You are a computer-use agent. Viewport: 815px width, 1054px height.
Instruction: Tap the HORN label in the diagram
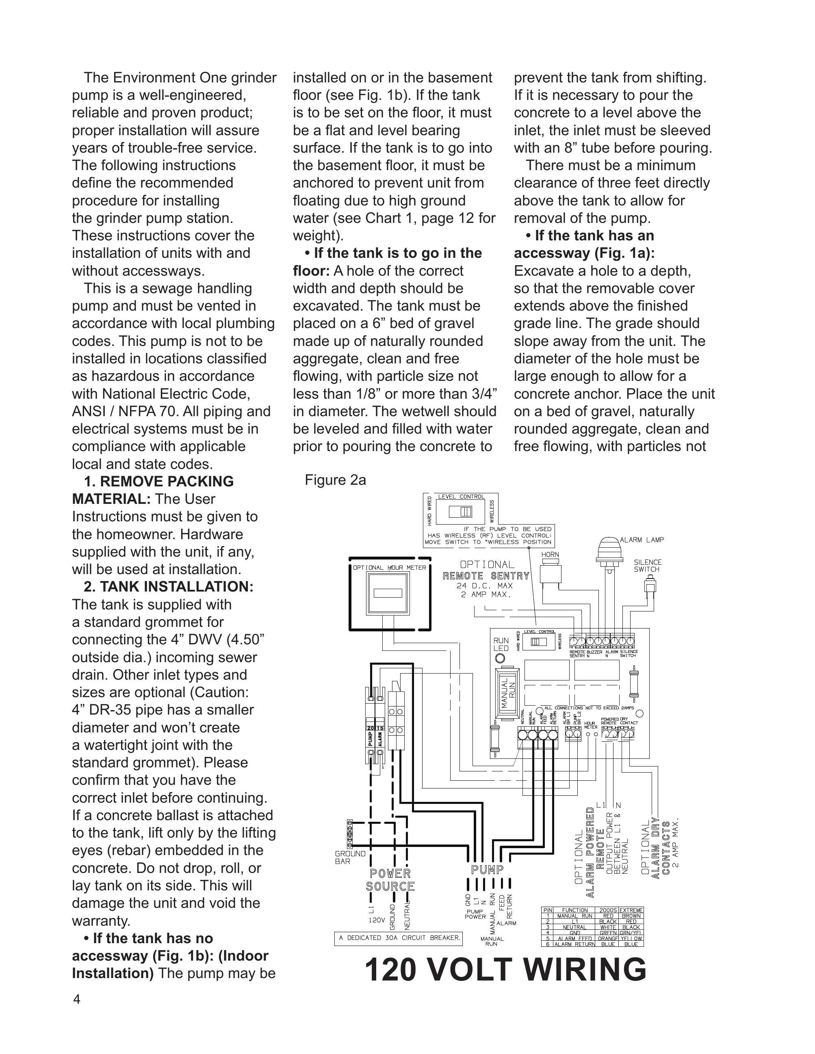pos(550,555)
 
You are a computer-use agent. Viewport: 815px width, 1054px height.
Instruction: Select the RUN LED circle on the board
pos(501,658)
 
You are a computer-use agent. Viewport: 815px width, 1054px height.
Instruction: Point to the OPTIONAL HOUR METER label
pos(389,568)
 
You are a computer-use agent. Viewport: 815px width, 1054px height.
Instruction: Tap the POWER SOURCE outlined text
pos(390,880)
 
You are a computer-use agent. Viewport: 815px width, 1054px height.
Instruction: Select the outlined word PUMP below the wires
pos(487,870)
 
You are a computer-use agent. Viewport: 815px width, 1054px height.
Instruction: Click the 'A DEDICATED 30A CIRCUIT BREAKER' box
pos(398,938)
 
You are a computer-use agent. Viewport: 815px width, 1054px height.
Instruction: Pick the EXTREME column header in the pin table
pos(631,910)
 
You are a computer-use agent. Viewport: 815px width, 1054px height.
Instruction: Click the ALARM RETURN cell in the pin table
pos(574,944)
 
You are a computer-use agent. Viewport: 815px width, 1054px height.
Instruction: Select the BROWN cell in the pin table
pos(631,916)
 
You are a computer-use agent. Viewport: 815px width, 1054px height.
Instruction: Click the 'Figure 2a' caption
pos(335,480)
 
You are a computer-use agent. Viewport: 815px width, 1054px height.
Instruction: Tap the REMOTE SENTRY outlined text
pos(486,576)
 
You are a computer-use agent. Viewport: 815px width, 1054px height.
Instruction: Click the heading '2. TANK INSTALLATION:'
pos(169,586)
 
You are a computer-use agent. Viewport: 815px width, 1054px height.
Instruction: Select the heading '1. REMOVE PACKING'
pos(158,481)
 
